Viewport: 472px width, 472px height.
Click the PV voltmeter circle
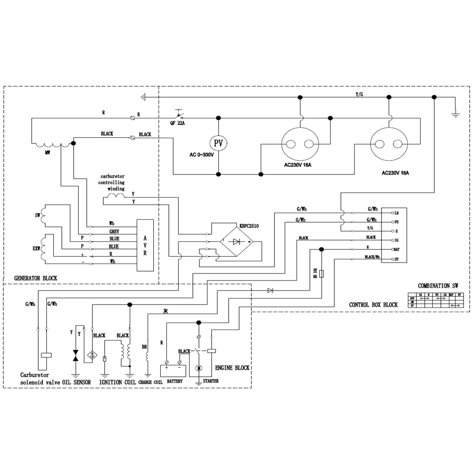click(x=218, y=143)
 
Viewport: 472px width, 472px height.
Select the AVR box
click(x=145, y=245)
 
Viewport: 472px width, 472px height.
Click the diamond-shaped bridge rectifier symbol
click(x=237, y=242)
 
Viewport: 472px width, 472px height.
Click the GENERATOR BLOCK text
click(x=35, y=278)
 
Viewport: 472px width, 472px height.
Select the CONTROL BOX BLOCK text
click(x=373, y=305)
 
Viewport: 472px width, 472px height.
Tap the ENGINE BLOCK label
click(x=232, y=368)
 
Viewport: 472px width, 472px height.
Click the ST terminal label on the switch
click(x=397, y=259)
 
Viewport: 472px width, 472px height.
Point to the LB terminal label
click(x=397, y=213)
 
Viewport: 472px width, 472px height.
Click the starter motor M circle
click(x=199, y=367)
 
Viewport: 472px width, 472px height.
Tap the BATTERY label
click(x=175, y=381)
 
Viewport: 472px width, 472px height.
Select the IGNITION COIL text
click(x=117, y=381)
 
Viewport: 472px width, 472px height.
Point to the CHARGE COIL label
click(x=150, y=381)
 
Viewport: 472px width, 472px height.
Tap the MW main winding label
click(x=48, y=152)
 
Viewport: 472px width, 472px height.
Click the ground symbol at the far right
click(x=455, y=113)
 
